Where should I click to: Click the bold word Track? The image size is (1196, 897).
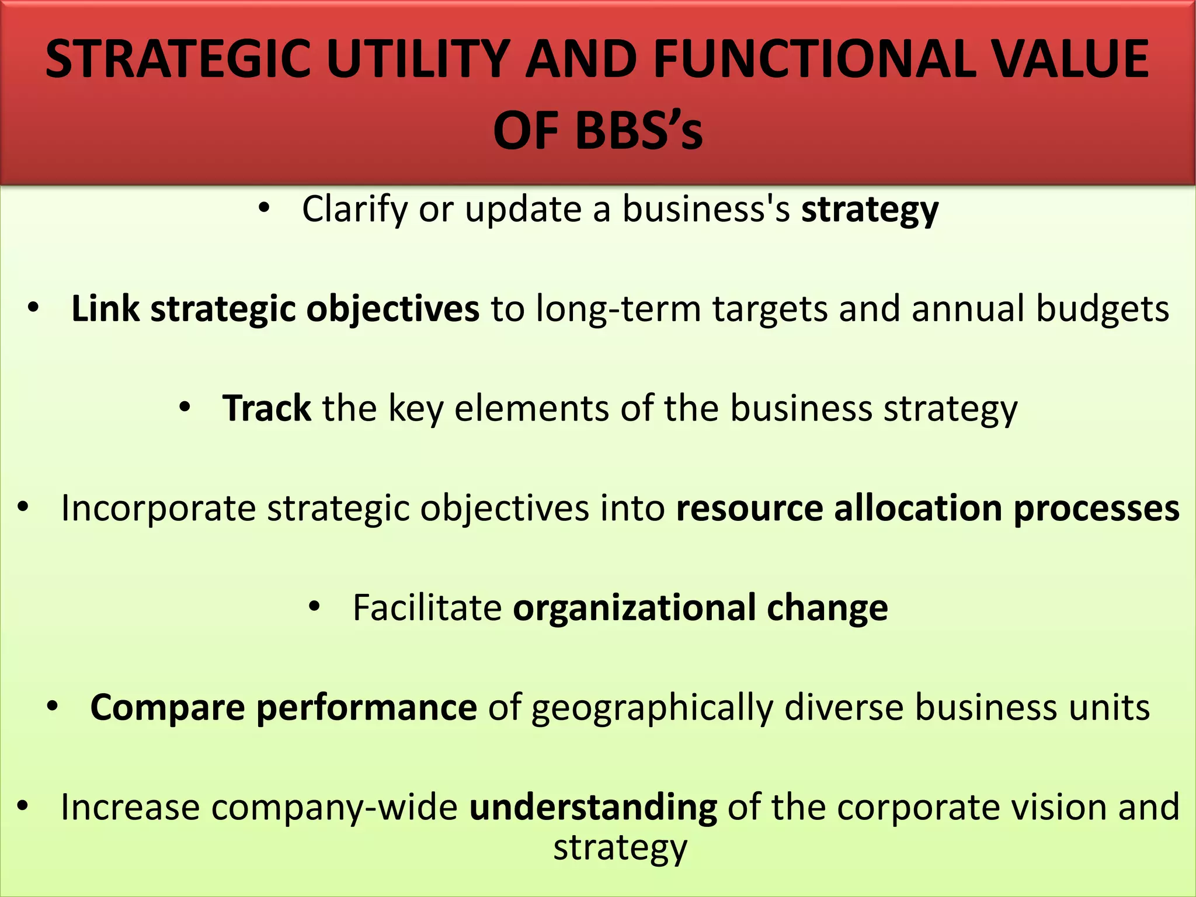point(267,408)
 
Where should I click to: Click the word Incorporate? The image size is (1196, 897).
point(158,508)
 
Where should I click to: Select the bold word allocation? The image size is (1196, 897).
point(917,508)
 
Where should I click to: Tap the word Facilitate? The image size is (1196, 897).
point(427,608)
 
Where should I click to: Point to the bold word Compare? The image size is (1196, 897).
point(167,708)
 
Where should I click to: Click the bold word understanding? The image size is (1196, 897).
point(593,808)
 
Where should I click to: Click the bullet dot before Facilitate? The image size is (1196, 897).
point(315,608)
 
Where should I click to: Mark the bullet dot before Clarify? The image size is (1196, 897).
point(264,208)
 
